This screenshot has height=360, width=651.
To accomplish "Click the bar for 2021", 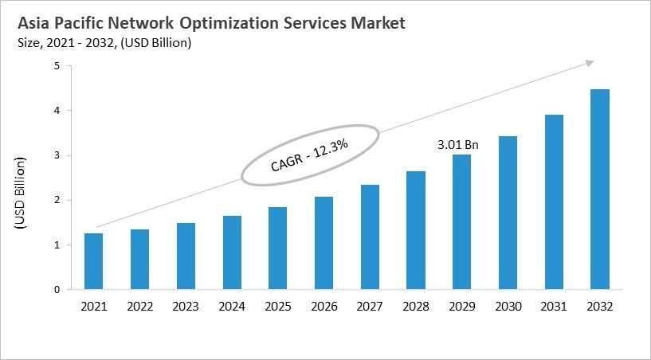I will click(94, 261).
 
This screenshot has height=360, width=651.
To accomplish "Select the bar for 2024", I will click(232, 252).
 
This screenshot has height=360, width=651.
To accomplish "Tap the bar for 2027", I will click(370, 237).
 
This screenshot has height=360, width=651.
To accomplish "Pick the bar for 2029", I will click(462, 222).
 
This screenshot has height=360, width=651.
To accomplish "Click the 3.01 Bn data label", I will click(459, 145).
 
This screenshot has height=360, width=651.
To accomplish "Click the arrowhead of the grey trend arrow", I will click(590, 61).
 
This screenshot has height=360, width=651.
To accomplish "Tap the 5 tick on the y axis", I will click(57, 66).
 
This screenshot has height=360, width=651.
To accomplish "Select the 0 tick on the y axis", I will click(57, 290).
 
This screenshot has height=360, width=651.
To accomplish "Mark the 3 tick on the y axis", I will click(57, 155).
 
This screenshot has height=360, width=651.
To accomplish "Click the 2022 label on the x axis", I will click(140, 307).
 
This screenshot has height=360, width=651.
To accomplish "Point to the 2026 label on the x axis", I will click(324, 307).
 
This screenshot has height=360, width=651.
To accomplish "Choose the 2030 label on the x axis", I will click(508, 307).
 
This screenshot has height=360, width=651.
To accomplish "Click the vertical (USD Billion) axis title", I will click(21, 194).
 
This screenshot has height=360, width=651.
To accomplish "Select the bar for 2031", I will click(554, 202).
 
